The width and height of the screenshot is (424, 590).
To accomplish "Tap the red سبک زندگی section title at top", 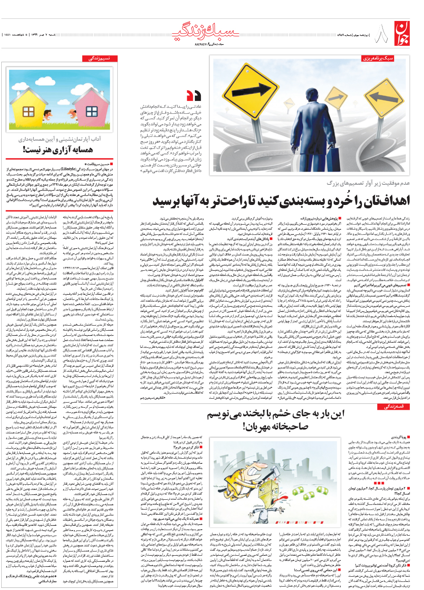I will click(206, 33).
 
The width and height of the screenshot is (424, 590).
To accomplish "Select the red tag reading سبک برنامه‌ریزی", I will click(378, 58).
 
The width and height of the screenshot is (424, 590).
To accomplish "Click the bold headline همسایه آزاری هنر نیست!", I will click(58, 149).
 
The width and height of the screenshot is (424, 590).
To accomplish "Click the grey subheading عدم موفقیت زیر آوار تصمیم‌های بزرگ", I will click(368, 183).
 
